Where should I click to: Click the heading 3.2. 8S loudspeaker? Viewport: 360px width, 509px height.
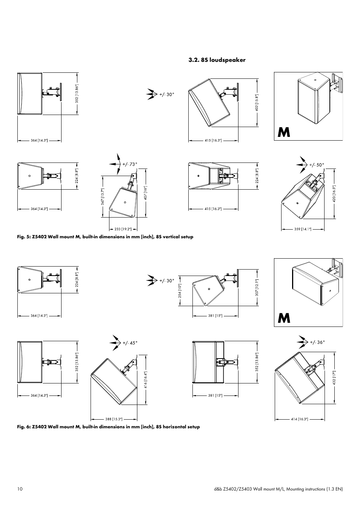(x=217, y=60)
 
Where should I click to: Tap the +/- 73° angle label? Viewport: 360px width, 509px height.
(x=130, y=164)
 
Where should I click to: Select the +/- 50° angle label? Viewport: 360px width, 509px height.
(x=317, y=165)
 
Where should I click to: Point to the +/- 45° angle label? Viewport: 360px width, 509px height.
(x=130, y=343)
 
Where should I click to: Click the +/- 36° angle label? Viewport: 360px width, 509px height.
(x=317, y=342)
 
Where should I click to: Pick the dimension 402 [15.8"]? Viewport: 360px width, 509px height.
(x=257, y=102)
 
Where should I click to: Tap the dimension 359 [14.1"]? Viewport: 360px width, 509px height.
(x=303, y=229)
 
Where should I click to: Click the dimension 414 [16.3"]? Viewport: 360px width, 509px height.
(x=300, y=419)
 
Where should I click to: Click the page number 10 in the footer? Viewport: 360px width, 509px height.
(x=20, y=489)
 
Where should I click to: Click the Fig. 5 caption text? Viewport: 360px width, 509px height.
(x=105, y=237)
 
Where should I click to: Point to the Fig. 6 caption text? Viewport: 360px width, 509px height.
(x=109, y=427)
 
